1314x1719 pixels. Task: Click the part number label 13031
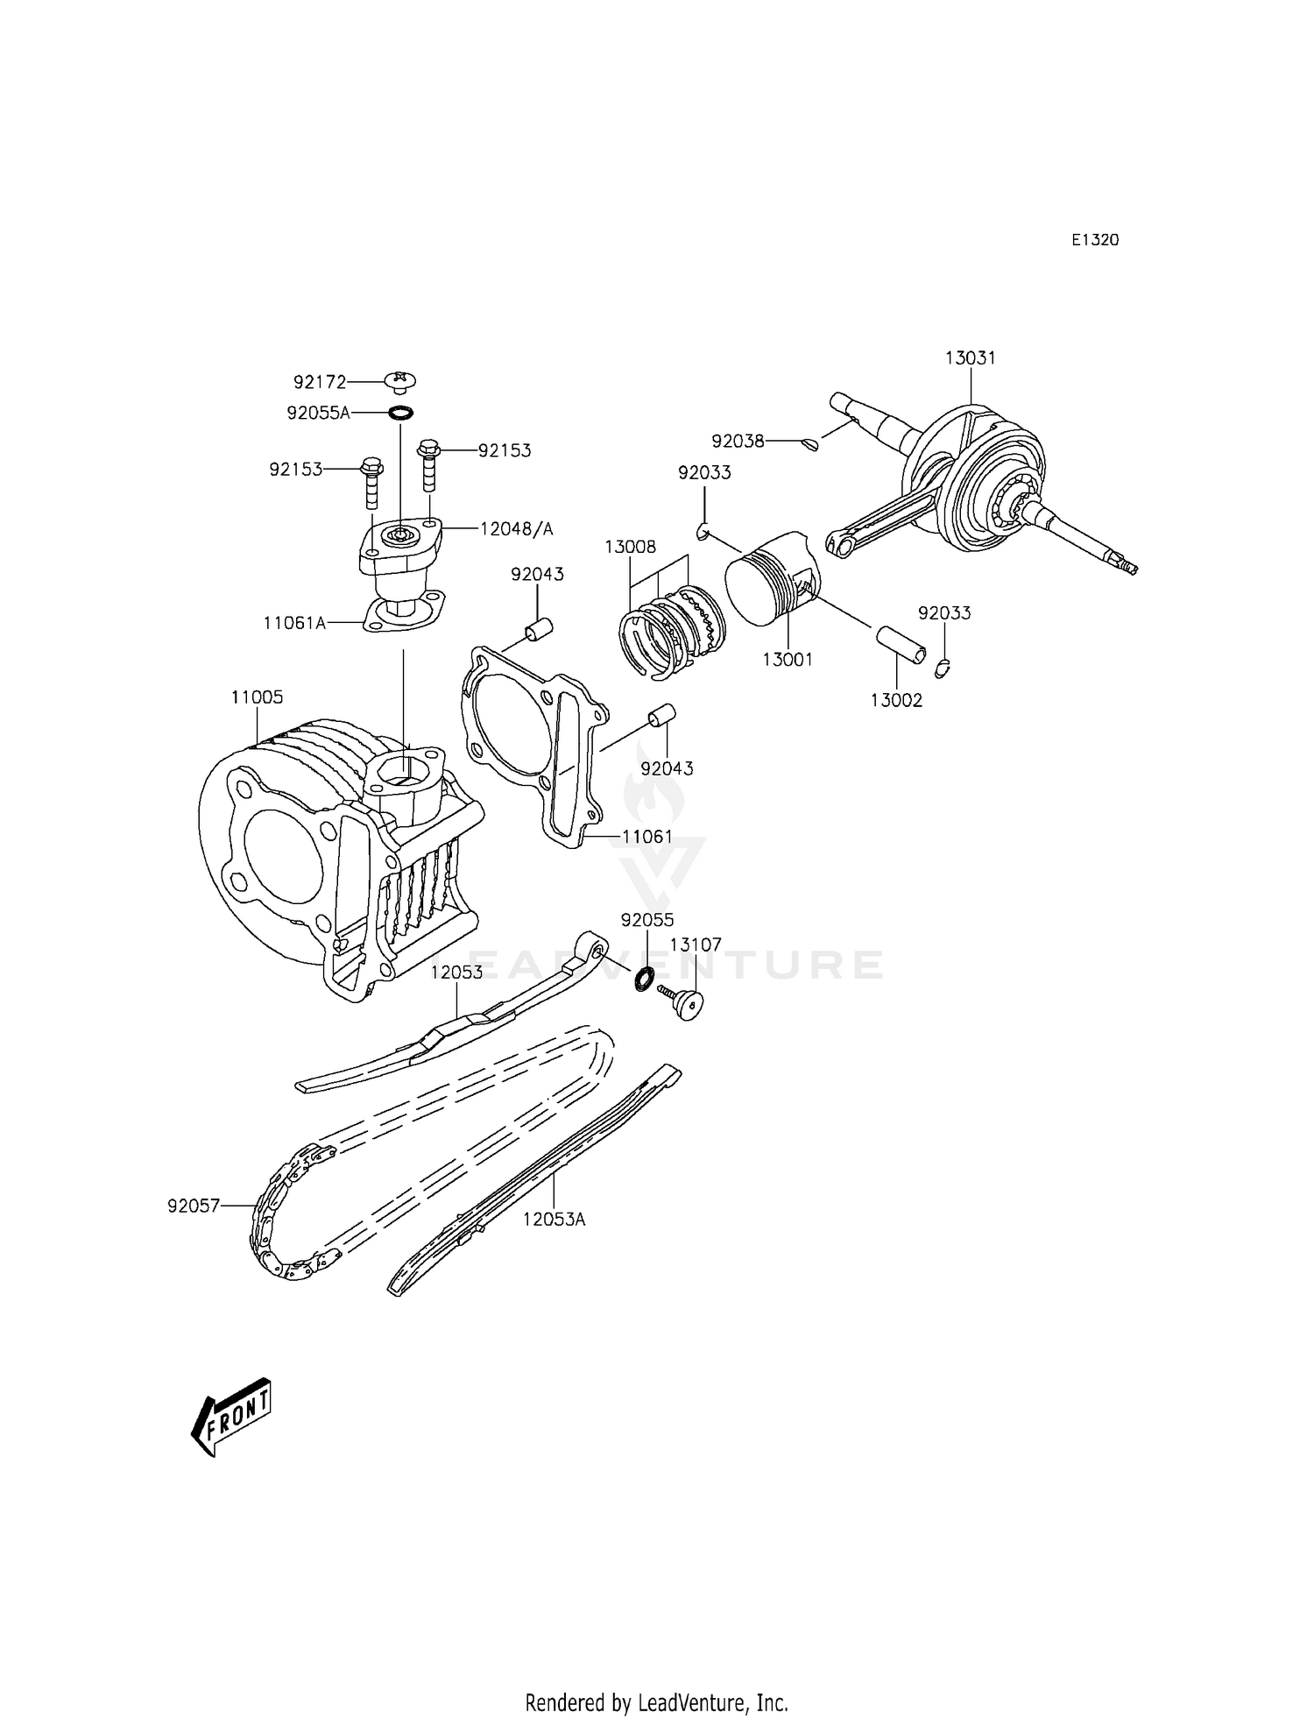click(971, 358)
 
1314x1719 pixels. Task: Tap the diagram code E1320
click(1095, 240)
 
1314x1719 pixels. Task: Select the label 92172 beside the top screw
click(320, 382)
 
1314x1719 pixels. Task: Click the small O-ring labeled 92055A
click(399, 413)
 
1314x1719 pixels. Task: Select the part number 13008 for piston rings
click(630, 547)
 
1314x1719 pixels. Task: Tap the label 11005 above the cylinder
click(257, 697)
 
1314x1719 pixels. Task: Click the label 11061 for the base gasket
click(647, 837)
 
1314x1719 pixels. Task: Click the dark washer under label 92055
click(644, 978)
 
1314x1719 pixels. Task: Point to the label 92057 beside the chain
click(193, 1206)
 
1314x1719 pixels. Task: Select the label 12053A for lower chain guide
click(555, 1219)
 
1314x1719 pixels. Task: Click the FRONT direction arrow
click(231, 1416)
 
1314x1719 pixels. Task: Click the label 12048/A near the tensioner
click(517, 529)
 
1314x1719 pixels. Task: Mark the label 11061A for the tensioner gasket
click(293, 623)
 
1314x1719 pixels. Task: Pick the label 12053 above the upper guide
click(456, 973)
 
